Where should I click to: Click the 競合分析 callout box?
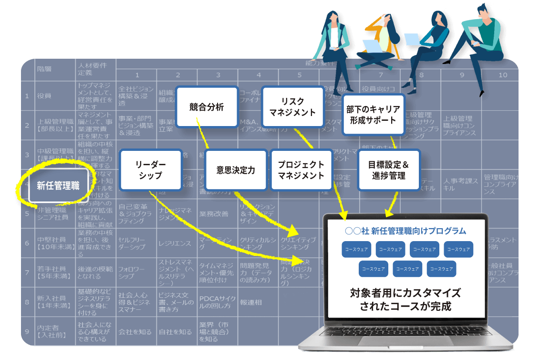(x=207, y=107)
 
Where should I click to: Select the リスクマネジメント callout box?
(x=292, y=107)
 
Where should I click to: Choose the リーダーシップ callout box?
(x=150, y=169)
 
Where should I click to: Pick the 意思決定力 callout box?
(x=236, y=170)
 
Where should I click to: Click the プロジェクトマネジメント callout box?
(x=301, y=170)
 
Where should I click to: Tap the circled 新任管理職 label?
(x=58, y=185)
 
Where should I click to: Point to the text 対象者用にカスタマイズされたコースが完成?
(x=405, y=299)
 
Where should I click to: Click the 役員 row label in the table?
(x=44, y=95)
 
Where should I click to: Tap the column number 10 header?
(x=503, y=75)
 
